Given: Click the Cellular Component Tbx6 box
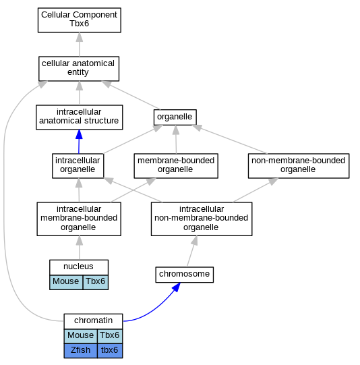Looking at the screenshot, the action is pyautogui.click(x=80, y=20).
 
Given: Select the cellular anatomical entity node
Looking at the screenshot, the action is pyautogui.click(x=79, y=69).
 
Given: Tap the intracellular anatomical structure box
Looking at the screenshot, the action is pyautogui.click(x=80, y=117).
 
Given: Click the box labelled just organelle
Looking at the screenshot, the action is pyautogui.click(x=175, y=117).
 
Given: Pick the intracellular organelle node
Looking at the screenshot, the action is pyautogui.click(x=78, y=166).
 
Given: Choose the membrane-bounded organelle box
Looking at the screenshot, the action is pyautogui.click(x=176, y=166).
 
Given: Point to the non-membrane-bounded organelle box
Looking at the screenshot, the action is pyautogui.click(x=299, y=166).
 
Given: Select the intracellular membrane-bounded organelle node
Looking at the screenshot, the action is pyautogui.click(x=79, y=219).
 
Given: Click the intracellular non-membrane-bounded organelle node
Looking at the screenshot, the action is pyautogui.click(x=202, y=219).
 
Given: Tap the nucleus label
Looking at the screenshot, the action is pyautogui.click(x=79, y=266).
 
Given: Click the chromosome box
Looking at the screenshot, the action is pyautogui.click(x=185, y=275).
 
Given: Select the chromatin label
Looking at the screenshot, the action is pyautogui.click(x=93, y=320).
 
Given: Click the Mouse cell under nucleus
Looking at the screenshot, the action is pyautogui.click(x=66, y=282).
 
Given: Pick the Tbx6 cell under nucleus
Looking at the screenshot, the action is pyautogui.click(x=96, y=282).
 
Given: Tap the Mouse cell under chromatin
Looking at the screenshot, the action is pyautogui.click(x=80, y=336).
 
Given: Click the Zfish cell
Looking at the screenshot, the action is pyautogui.click(x=80, y=351).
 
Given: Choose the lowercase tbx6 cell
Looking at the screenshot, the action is pyautogui.click(x=110, y=351).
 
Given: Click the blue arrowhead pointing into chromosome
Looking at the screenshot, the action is pyautogui.click(x=177, y=287).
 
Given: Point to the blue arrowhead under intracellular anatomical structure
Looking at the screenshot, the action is pyautogui.click(x=79, y=134).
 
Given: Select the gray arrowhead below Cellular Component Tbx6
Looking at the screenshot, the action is pyautogui.click(x=80, y=37).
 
